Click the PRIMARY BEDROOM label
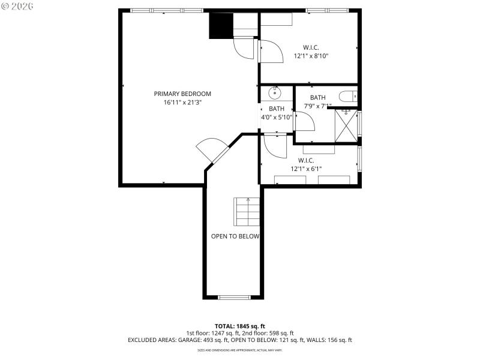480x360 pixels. [182, 94]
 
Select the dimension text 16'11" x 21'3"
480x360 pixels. [182, 103]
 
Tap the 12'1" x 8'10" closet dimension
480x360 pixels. [311, 56]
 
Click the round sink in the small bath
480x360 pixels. [275, 92]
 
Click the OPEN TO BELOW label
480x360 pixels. [235, 236]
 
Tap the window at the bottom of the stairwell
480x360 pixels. [234, 297]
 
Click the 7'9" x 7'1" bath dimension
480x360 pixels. [318, 106]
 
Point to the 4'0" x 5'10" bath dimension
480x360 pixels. [277, 117]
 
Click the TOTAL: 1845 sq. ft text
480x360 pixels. [239, 326]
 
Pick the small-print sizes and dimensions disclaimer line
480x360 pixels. [239, 350]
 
